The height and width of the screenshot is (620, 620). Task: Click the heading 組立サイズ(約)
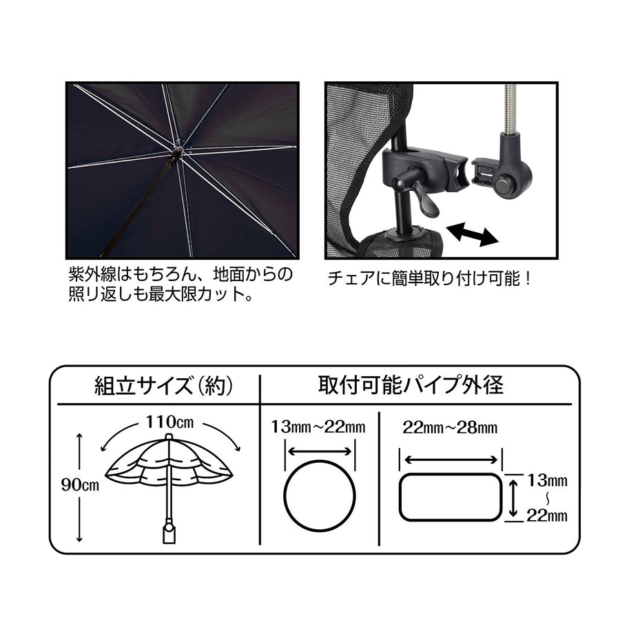click(x=163, y=384)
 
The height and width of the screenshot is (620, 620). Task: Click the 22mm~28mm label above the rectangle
click(x=451, y=427)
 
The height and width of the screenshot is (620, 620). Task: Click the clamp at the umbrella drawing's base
click(x=168, y=534)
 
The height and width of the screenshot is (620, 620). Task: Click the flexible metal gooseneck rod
click(x=513, y=110)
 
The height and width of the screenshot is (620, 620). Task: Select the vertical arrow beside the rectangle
click(x=514, y=497)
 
